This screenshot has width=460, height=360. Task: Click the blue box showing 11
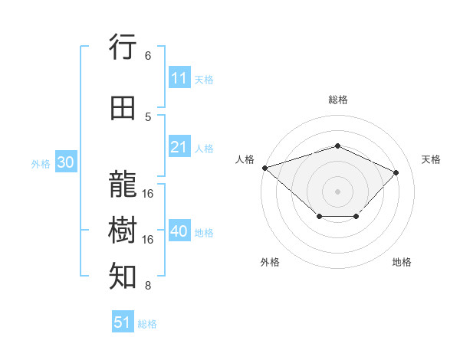pyautogui.click(x=179, y=78)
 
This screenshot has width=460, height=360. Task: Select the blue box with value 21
pyautogui.click(x=179, y=147)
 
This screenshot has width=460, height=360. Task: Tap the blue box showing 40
pyautogui.click(x=179, y=231)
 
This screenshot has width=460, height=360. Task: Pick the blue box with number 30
pyautogui.click(x=65, y=163)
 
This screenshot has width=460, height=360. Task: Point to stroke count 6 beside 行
pyautogui.click(x=148, y=55)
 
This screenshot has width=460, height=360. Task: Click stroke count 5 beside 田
pyautogui.click(x=148, y=116)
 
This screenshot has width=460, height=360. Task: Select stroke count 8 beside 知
pyautogui.click(x=148, y=286)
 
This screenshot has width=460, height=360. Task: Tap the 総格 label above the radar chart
pyautogui.click(x=337, y=100)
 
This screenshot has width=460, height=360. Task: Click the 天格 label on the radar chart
pyautogui.click(x=431, y=159)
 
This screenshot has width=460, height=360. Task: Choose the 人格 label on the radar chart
pyautogui.click(x=245, y=159)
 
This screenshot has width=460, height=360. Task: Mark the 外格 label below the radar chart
pyautogui.click(x=270, y=262)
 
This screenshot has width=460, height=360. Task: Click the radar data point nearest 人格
pyautogui.click(x=264, y=168)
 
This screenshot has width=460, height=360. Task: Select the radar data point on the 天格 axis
pyautogui.click(x=396, y=172)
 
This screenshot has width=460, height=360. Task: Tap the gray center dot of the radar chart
pyautogui.click(x=337, y=191)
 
